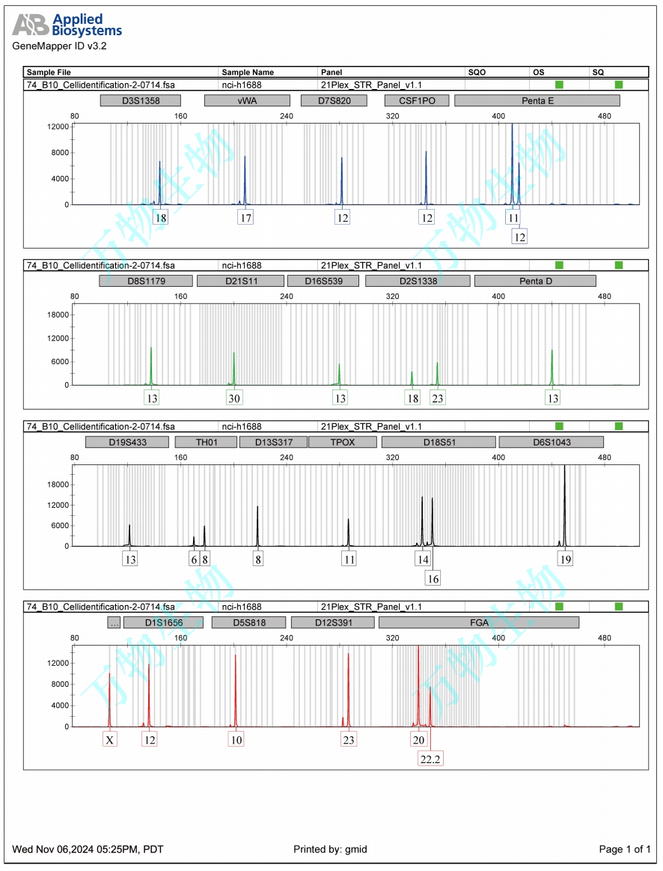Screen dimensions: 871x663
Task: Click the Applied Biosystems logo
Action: click(67, 25)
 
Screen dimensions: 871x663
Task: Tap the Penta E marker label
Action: click(537, 100)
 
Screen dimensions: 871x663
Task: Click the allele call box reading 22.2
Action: click(430, 759)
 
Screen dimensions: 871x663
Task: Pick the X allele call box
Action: click(110, 740)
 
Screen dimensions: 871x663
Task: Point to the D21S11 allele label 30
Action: click(234, 398)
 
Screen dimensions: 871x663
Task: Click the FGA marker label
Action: click(479, 622)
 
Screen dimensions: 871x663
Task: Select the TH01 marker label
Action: click(206, 443)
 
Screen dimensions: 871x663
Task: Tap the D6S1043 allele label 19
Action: click(565, 559)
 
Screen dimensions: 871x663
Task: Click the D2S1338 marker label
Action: click(418, 281)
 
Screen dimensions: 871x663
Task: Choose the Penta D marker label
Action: click(535, 281)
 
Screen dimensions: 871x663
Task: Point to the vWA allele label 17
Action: click(245, 218)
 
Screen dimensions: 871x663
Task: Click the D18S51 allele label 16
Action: click(433, 578)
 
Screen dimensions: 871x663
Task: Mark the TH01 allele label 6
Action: click(194, 559)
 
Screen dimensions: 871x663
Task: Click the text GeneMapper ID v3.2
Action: click(60, 46)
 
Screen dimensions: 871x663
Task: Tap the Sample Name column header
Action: click(248, 73)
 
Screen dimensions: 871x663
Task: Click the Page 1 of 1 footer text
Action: click(625, 849)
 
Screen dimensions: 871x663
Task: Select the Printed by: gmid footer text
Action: click(330, 849)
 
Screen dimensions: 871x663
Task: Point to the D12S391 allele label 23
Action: click(348, 740)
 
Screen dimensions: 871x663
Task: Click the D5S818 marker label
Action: click(249, 622)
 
